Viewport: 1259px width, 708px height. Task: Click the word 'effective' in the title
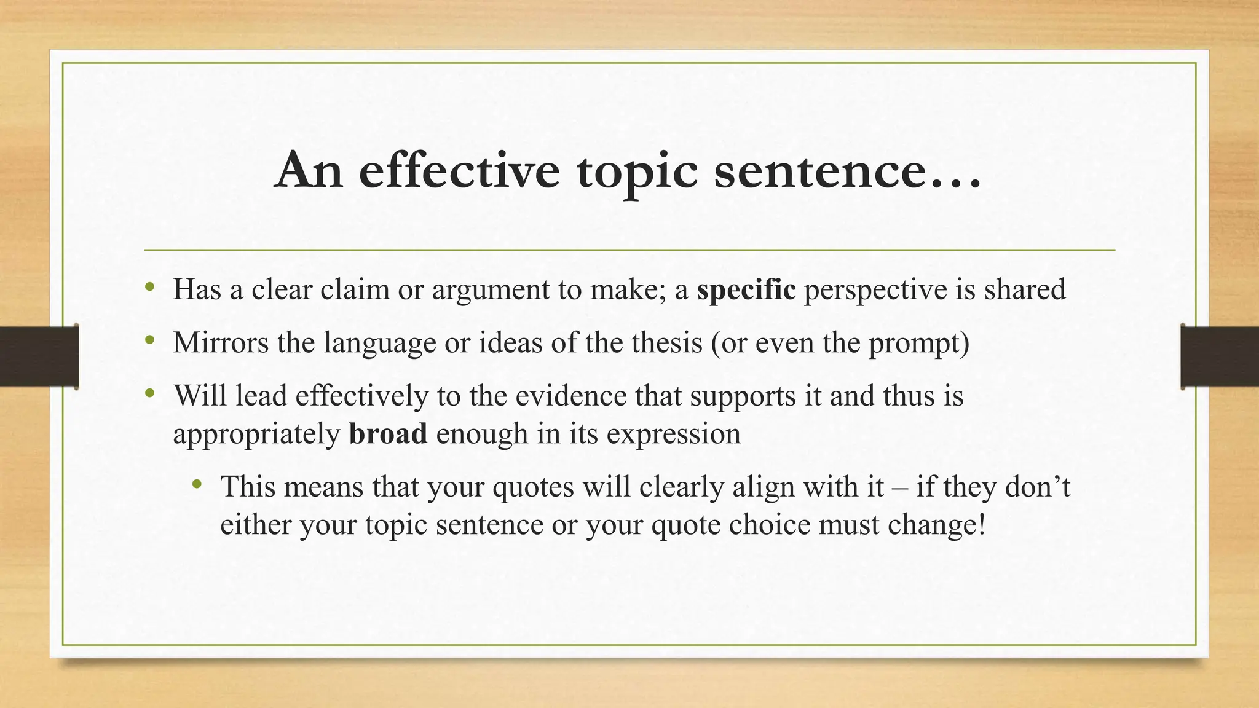[x=459, y=171]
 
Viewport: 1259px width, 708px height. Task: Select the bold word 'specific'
[x=746, y=289]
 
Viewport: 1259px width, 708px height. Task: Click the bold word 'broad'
[x=388, y=434]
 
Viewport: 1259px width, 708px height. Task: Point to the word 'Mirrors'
[x=221, y=342]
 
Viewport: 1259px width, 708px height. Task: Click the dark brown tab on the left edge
[x=39, y=356]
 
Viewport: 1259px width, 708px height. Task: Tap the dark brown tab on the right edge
[x=1220, y=356]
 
